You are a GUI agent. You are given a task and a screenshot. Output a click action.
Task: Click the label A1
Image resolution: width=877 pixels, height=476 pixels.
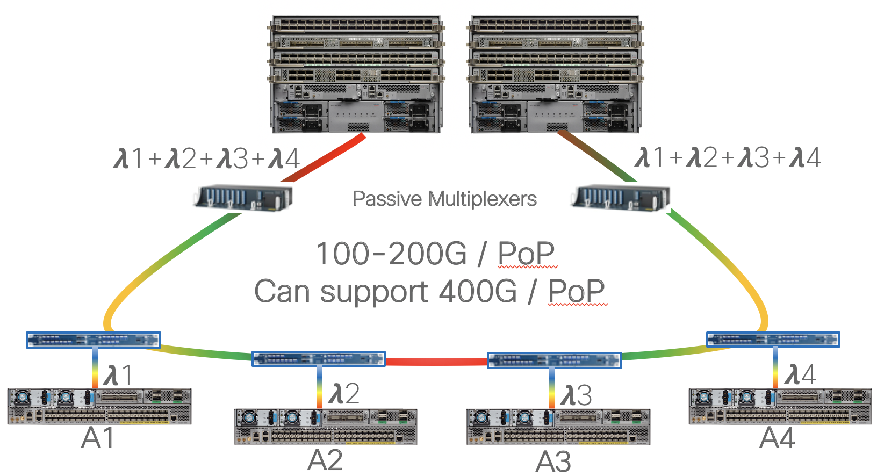[98, 438]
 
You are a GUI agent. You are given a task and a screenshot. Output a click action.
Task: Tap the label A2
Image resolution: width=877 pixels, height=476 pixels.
[325, 460]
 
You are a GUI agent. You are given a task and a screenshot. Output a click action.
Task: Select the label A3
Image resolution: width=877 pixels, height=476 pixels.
[553, 461]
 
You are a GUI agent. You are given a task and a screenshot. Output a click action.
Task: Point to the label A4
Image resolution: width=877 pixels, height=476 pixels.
[777, 438]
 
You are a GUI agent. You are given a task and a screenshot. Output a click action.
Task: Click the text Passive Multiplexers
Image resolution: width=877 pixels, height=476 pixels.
[444, 199]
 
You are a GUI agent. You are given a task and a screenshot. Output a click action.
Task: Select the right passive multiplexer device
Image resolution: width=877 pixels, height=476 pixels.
[621, 198]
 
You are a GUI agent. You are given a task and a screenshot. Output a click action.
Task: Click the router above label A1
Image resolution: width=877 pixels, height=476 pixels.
[99, 406]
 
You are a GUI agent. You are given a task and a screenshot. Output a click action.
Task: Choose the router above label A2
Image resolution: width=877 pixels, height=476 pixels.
[326, 427]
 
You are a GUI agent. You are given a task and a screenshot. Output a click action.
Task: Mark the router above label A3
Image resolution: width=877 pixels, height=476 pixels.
[558, 427]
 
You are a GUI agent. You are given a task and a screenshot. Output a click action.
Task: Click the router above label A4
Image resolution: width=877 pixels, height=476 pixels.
[780, 406]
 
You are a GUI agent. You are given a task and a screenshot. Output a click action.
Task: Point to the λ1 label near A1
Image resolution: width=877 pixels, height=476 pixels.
[118, 375]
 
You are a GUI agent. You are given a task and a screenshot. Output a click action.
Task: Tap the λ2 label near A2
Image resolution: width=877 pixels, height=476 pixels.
[344, 394]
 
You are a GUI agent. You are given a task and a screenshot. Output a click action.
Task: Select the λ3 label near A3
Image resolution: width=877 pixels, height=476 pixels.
[576, 395]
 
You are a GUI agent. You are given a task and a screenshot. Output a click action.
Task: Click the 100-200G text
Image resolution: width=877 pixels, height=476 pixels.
[391, 254]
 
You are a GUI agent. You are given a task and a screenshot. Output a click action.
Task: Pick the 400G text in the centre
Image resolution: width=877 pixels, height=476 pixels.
[478, 292]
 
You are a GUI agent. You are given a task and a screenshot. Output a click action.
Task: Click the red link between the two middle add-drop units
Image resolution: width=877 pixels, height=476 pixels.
[436, 362]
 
